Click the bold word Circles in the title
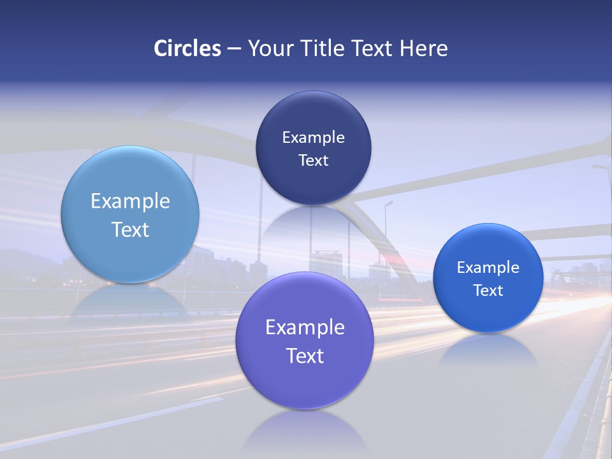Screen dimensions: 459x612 [x=187, y=48]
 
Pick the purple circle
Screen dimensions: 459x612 [x=305, y=382]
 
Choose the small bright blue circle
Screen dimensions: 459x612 [x=488, y=312]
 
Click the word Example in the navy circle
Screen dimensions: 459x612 [x=313, y=137]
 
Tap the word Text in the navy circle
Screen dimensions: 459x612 [x=313, y=160]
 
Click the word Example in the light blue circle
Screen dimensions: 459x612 [x=130, y=201]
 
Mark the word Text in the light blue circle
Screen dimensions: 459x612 [x=130, y=229]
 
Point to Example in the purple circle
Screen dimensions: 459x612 [x=305, y=327]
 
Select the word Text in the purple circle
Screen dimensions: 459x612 [x=305, y=356]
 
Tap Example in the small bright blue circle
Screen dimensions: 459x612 [x=488, y=267]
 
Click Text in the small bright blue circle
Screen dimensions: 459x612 [x=488, y=290]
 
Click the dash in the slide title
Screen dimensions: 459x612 [x=233, y=48]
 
